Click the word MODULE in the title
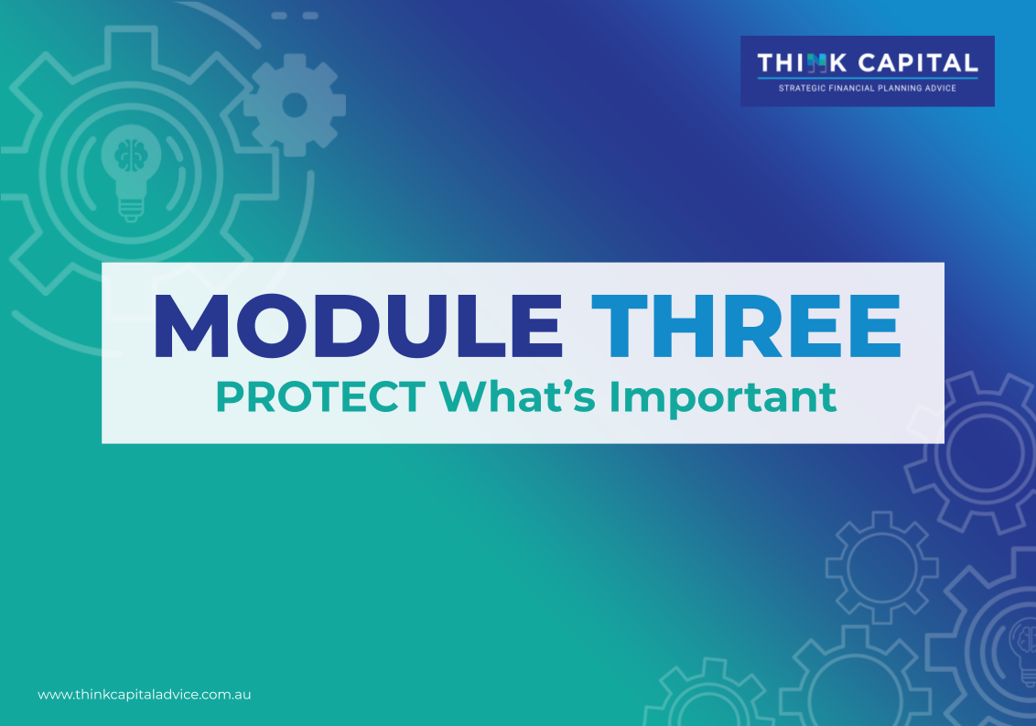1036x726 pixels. point(358,326)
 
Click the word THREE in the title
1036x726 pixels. point(746,326)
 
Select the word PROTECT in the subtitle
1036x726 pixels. point(320,396)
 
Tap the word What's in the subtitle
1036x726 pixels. point(517,396)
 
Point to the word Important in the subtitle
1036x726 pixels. point(723,398)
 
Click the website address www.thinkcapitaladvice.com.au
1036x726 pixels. point(144,695)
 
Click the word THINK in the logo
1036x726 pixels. point(802,63)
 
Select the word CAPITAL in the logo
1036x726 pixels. point(918,63)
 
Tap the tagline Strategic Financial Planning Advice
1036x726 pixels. point(867,88)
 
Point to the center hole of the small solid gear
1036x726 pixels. point(295,105)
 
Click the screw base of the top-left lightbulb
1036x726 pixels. point(131,209)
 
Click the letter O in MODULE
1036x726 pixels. point(273,326)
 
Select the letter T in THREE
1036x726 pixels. point(619,326)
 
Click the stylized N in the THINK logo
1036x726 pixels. point(816,63)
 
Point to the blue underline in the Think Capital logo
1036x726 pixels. point(868,78)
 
